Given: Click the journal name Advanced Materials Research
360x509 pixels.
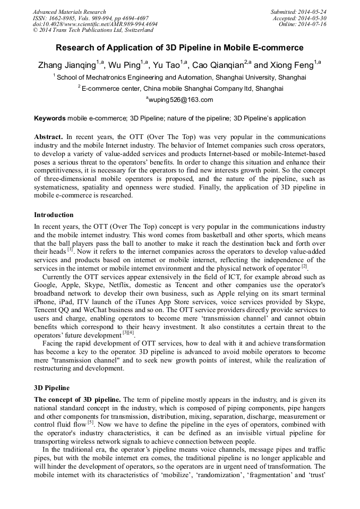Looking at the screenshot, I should tap(69, 12).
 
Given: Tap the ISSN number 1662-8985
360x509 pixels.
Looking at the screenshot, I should tap(63, 18).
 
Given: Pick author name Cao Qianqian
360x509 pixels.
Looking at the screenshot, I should tap(217, 66).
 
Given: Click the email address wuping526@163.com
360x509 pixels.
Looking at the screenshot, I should tap(180, 100).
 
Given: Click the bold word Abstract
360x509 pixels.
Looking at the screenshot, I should tap(48, 136).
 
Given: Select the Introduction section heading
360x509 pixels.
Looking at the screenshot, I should tap(54, 215).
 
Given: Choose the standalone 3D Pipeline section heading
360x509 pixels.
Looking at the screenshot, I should tap(52, 388).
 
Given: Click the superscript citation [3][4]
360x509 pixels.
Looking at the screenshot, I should tap(128, 333).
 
